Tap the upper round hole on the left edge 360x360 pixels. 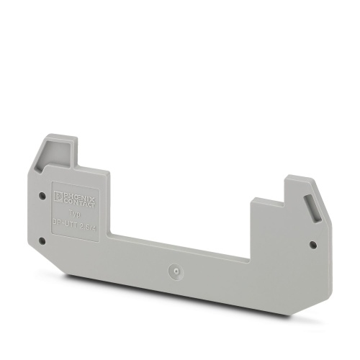click(x=42, y=195)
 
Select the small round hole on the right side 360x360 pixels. click(x=312, y=245)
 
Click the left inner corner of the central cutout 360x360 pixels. click(x=110, y=236)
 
